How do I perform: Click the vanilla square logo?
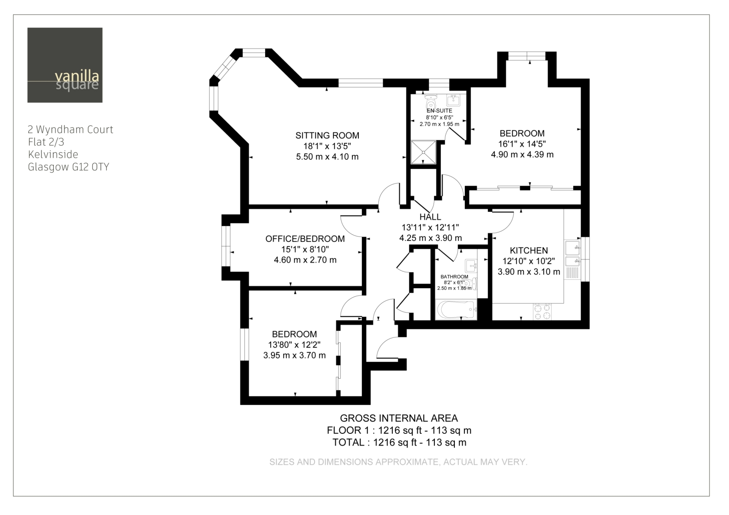click(65, 65)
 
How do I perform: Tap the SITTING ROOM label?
click(327, 135)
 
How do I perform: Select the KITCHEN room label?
click(529, 250)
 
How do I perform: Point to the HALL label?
click(430, 216)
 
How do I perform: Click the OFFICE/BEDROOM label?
click(305, 239)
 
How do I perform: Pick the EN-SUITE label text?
click(439, 111)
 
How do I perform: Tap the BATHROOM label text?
click(454, 276)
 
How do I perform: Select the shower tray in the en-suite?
click(423, 152)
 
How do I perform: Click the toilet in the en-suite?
click(431, 102)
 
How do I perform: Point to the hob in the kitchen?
click(542, 312)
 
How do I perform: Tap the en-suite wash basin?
click(453, 100)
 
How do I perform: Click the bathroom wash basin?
click(471, 266)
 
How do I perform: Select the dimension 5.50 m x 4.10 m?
click(327, 157)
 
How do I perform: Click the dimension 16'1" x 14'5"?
click(522, 144)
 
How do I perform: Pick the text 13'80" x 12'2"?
click(294, 344)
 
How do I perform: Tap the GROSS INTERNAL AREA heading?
click(399, 418)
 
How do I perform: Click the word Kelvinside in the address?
click(53, 154)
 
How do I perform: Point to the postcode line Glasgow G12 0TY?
click(69, 167)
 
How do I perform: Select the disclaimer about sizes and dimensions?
click(398, 462)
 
